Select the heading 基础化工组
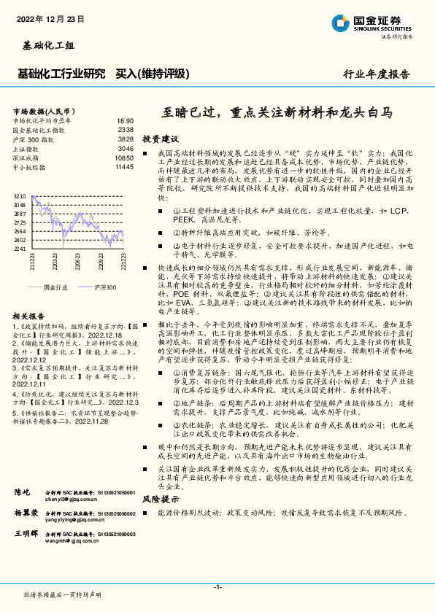tap(45, 45)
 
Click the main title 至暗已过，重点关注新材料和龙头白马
tap(277, 113)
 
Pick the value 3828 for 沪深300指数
tap(126, 139)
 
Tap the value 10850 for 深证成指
tap(124, 158)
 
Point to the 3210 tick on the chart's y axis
tap(19, 196)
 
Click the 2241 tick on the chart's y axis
tap(19, 249)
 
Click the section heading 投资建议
tap(160, 138)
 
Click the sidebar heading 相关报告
tap(30, 316)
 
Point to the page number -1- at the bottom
tap(217, 586)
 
